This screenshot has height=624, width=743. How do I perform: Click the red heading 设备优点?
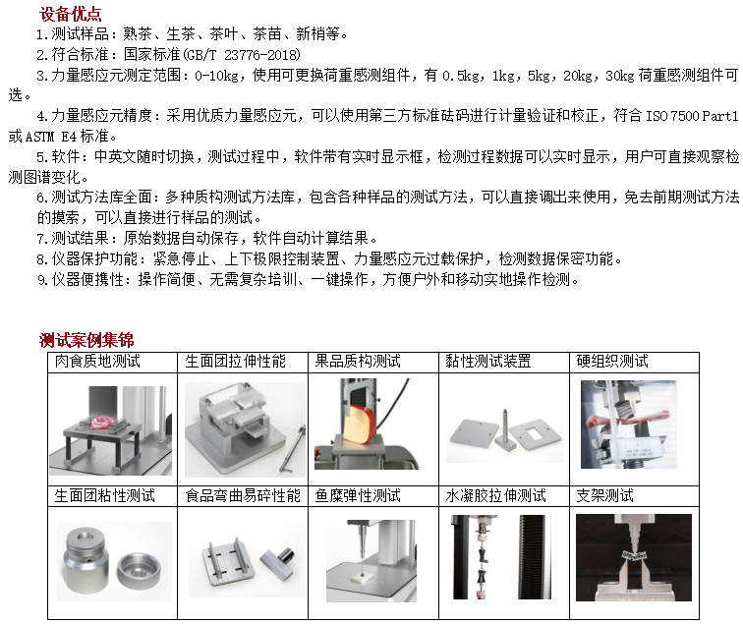[x=70, y=14]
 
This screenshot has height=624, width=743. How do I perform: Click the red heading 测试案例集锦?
[x=86, y=340]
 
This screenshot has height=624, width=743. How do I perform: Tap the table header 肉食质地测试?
[x=97, y=361]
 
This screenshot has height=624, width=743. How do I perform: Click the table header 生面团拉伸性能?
[x=236, y=361]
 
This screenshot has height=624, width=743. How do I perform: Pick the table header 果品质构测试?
[x=358, y=361]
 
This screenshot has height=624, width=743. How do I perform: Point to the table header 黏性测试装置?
[x=488, y=361]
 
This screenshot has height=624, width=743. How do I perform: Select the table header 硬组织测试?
[x=612, y=361]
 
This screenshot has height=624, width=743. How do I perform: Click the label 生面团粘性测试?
[x=105, y=495]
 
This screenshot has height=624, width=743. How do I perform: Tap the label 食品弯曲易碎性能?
[x=243, y=495]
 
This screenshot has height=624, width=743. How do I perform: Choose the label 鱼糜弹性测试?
[x=358, y=495]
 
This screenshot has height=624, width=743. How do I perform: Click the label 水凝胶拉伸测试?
[x=495, y=495]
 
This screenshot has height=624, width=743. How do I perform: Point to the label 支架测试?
[x=605, y=495]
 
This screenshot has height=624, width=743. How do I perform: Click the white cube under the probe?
[x=362, y=578]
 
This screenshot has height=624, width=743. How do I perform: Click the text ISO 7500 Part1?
[x=692, y=116]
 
